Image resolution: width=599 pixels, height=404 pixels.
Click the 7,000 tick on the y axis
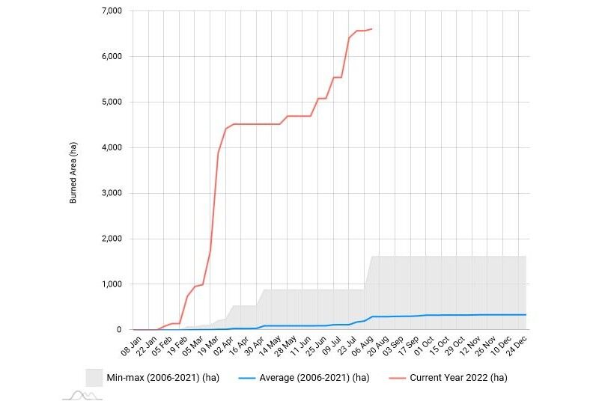(x=111, y=11)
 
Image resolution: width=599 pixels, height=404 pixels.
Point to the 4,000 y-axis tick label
(x=111, y=147)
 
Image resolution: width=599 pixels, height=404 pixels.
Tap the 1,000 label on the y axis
(x=111, y=284)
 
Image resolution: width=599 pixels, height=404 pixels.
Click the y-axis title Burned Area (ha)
(x=73, y=171)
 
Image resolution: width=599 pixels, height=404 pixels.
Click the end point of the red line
(x=372, y=29)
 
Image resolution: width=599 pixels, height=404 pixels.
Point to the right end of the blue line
(x=526, y=315)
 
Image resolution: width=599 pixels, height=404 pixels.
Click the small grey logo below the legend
(x=82, y=395)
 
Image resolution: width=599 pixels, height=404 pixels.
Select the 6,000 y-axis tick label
(x=111, y=57)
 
